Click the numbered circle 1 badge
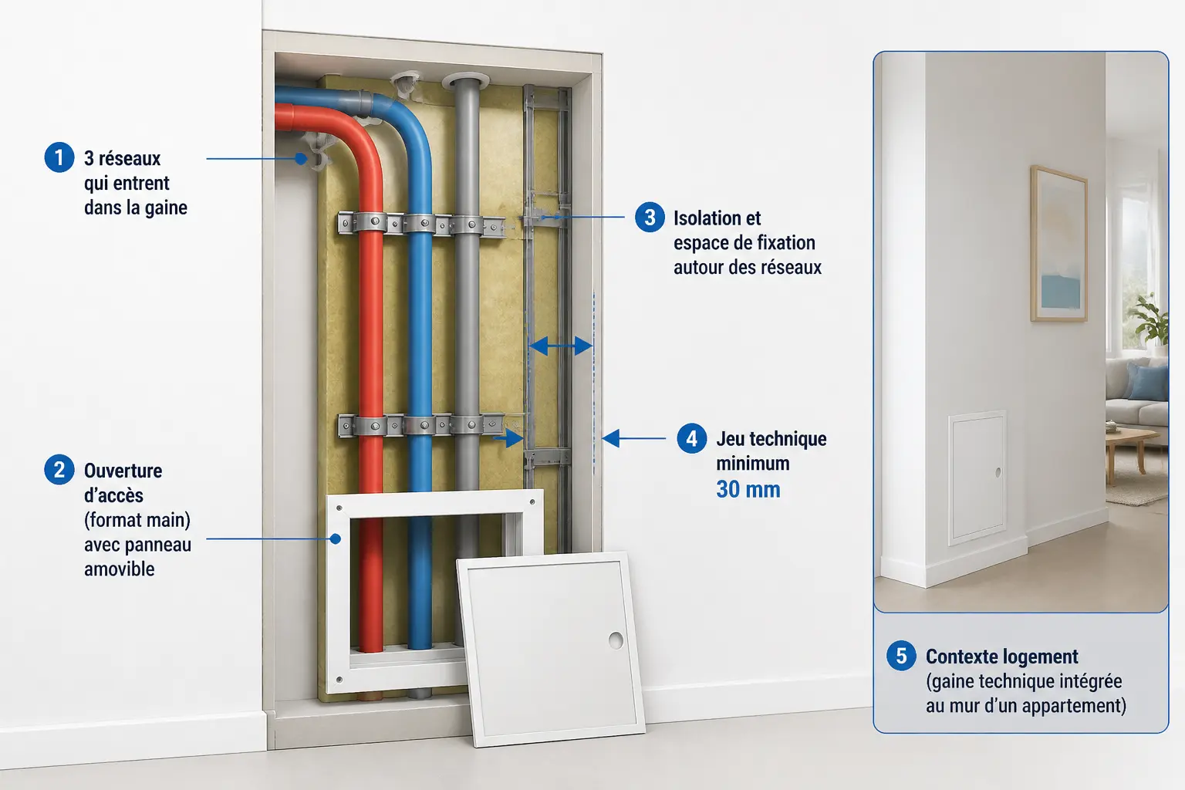coord(59,157)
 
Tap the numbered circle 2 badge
coord(59,470)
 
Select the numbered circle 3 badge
coord(650,217)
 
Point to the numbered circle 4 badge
coord(691,438)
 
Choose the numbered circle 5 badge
coord(901,656)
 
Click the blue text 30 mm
coord(748,489)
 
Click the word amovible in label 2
coord(119,569)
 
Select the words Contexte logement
coord(1001,657)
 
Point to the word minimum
coord(753,464)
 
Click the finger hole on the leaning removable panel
coord(616,640)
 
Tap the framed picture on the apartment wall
coord(1058,243)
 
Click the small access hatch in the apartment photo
coord(977,477)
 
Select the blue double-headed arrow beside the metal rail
coord(560,346)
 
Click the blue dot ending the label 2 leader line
coord(336,538)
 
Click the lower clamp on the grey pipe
coord(467,424)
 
